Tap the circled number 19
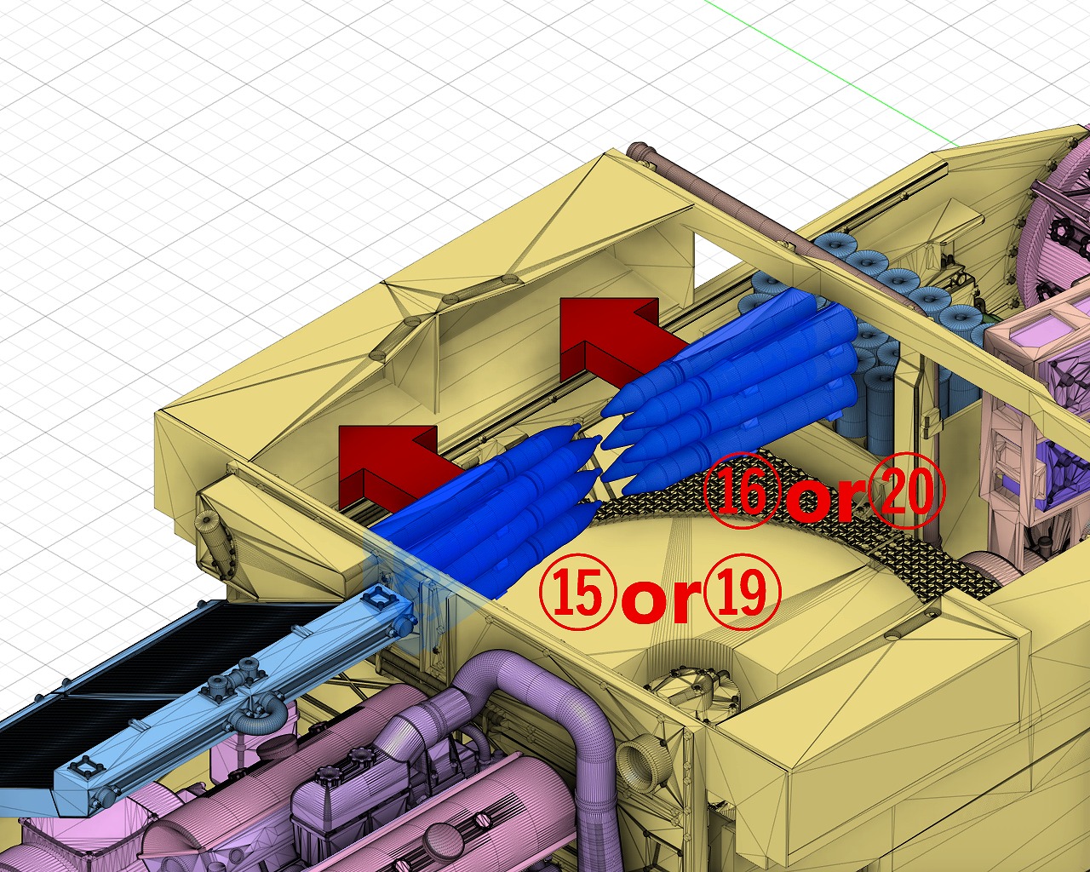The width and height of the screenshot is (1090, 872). click(x=743, y=591)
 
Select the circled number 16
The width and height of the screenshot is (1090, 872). click(x=742, y=490)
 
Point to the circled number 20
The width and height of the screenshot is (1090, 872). click(x=907, y=490)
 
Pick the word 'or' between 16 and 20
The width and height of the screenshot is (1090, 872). click(x=826, y=498)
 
